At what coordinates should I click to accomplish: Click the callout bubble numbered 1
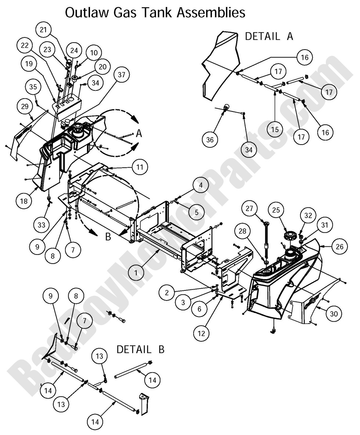click(x=136, y=273)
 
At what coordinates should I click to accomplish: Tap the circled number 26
click(x=340, y=246)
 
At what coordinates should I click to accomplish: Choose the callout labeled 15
click(x=274, y=129)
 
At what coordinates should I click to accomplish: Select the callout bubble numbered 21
click(x=44, y=30)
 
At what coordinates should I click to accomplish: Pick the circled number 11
click(x=140, y=167)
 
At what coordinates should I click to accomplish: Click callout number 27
click(x=249, y=209)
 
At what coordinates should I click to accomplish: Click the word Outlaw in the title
click(x=82, y=13)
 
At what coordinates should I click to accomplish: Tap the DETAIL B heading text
click(x=140, y=349)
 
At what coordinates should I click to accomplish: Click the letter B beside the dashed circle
click(x=108, y=237)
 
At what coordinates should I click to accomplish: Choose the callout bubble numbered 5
click(x=197, y=212)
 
